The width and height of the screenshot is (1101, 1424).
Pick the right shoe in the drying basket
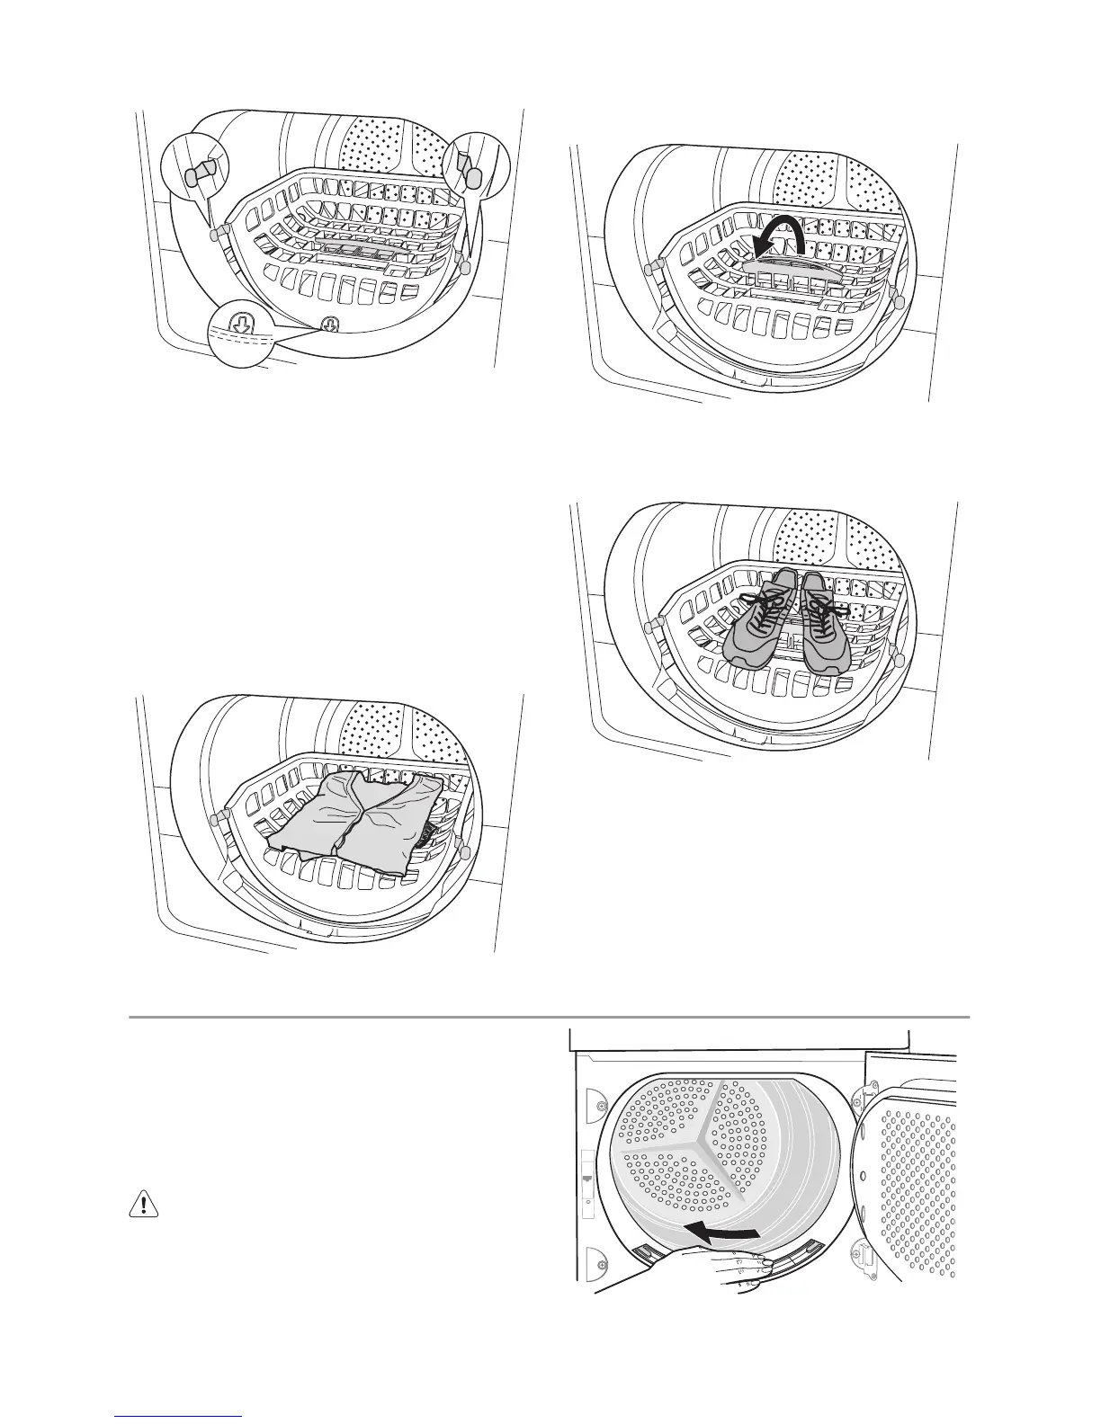[x=823, y=622]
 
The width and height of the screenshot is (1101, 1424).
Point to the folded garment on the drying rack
[x=355, y=814]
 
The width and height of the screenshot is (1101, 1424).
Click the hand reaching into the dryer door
[x=711, y=1272]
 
